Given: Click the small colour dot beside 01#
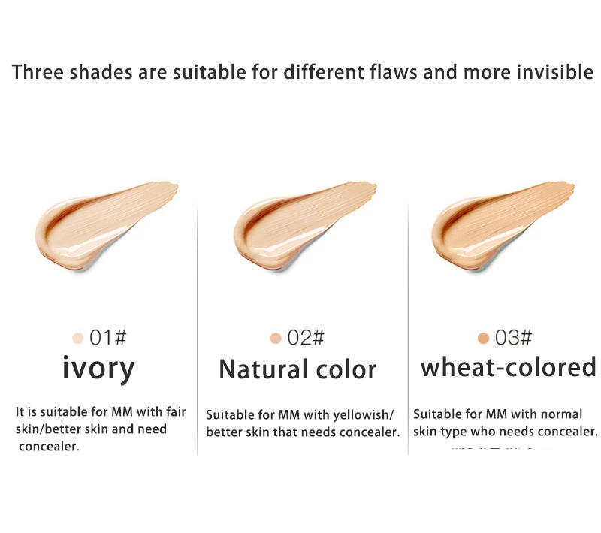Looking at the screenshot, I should [x=77, y=339].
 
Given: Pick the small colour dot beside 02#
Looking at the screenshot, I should [x=276, y=339].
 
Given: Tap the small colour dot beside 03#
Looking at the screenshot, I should [x=483, y=339].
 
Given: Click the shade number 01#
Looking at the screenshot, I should [x=108, y=338].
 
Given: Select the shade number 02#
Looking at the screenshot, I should [x=306, y=338].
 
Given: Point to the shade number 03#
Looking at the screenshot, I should [x=513, y=338].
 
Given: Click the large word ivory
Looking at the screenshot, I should [x=98, y=369].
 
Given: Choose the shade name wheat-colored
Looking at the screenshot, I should [x=508, y=368].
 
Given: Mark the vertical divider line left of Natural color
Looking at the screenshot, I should [x=197, y=330].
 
